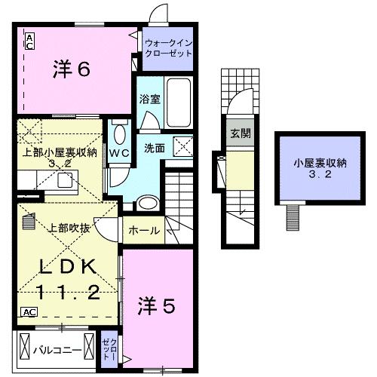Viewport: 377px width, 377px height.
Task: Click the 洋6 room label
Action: (72, 69)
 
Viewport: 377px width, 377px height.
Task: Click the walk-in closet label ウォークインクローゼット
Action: (167, 48)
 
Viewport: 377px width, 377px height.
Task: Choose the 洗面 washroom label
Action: (155, 148)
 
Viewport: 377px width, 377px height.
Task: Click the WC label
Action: (119, 152)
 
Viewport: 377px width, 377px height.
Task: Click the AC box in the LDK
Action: (29, 311)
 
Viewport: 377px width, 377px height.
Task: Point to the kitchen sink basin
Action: (63, 179)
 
